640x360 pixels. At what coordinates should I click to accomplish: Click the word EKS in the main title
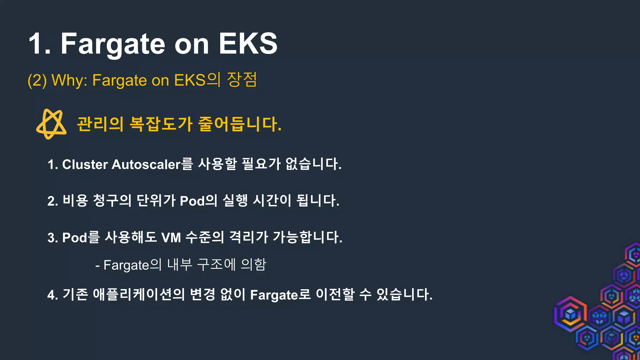(x=248, y=44)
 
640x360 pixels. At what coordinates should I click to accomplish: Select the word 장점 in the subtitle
(x=242, y=80)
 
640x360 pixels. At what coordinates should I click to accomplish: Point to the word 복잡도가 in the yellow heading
(x=161, y=124)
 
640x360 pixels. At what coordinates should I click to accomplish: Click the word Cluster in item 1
(x=85, y=164)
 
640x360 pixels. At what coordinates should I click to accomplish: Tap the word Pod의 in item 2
(x=198, y=201)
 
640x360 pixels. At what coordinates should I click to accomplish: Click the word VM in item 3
(x=171, y=237)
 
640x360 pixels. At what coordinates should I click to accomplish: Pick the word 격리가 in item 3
(x=249, y=237)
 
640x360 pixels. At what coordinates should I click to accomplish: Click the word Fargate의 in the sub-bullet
(x=132, y=265)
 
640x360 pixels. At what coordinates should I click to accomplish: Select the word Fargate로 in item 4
(x=280, y=295)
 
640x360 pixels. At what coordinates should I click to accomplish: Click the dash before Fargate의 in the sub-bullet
(x=97, y=266)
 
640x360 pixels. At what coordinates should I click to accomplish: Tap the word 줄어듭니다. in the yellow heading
(x=240, y=124)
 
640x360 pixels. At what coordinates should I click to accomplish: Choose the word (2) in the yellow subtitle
(x=37, y=80)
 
